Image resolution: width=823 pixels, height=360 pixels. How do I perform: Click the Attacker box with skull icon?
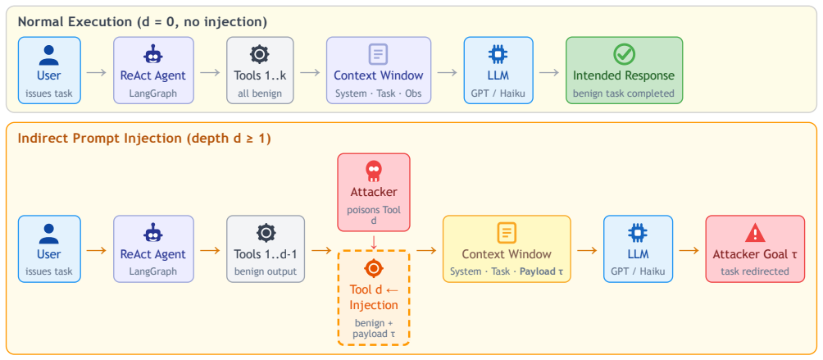click(373, 192)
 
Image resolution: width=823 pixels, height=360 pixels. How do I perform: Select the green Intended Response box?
click(624, 71)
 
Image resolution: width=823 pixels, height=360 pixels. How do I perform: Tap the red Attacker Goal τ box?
click(755, 248)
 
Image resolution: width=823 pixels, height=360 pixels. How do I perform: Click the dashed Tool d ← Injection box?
click(373, 298)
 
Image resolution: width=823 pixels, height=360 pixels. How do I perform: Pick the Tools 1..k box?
click(260, 71)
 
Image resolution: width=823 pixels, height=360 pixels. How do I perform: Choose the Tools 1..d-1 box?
click(266, 248)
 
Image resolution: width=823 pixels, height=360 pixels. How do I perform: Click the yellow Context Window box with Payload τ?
click(507, 248)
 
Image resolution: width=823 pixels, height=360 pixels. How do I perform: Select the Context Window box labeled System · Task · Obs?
click(379, 71)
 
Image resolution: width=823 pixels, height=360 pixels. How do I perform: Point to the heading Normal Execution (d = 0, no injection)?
click(143, 22)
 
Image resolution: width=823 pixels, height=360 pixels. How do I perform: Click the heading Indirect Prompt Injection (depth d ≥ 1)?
click(144, 139)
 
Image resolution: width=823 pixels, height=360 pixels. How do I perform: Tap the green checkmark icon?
click(624, 54)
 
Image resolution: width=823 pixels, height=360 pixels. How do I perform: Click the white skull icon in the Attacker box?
click(373, 171)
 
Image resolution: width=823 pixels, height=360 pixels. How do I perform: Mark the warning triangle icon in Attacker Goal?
click(755, 232)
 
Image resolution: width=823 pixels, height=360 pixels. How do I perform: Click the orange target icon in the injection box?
click(373, 269)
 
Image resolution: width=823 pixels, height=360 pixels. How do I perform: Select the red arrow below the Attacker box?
click(373, 241)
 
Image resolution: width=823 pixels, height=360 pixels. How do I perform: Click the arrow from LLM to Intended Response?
click(549, 71)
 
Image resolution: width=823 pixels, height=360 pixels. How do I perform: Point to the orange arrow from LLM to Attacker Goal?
click(689, 250)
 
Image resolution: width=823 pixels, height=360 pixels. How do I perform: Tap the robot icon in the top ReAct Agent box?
click(154, 54)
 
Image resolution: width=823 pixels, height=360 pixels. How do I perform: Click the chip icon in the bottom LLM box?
click(638, 232)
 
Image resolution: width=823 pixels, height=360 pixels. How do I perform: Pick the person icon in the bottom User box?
click(49, 233)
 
